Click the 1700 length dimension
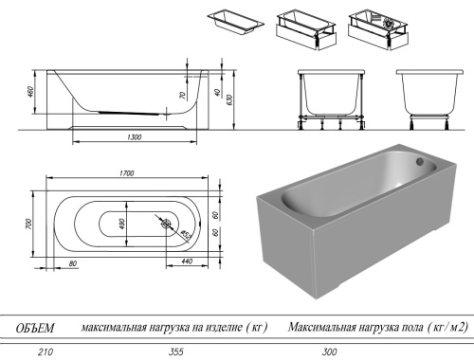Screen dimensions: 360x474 pos(126,172)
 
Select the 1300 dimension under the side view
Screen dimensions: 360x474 pos(133,138)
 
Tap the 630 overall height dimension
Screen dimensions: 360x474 pos(230,99)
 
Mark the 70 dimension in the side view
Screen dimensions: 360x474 pos(183,96)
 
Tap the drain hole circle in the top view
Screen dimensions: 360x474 pos(167,225)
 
